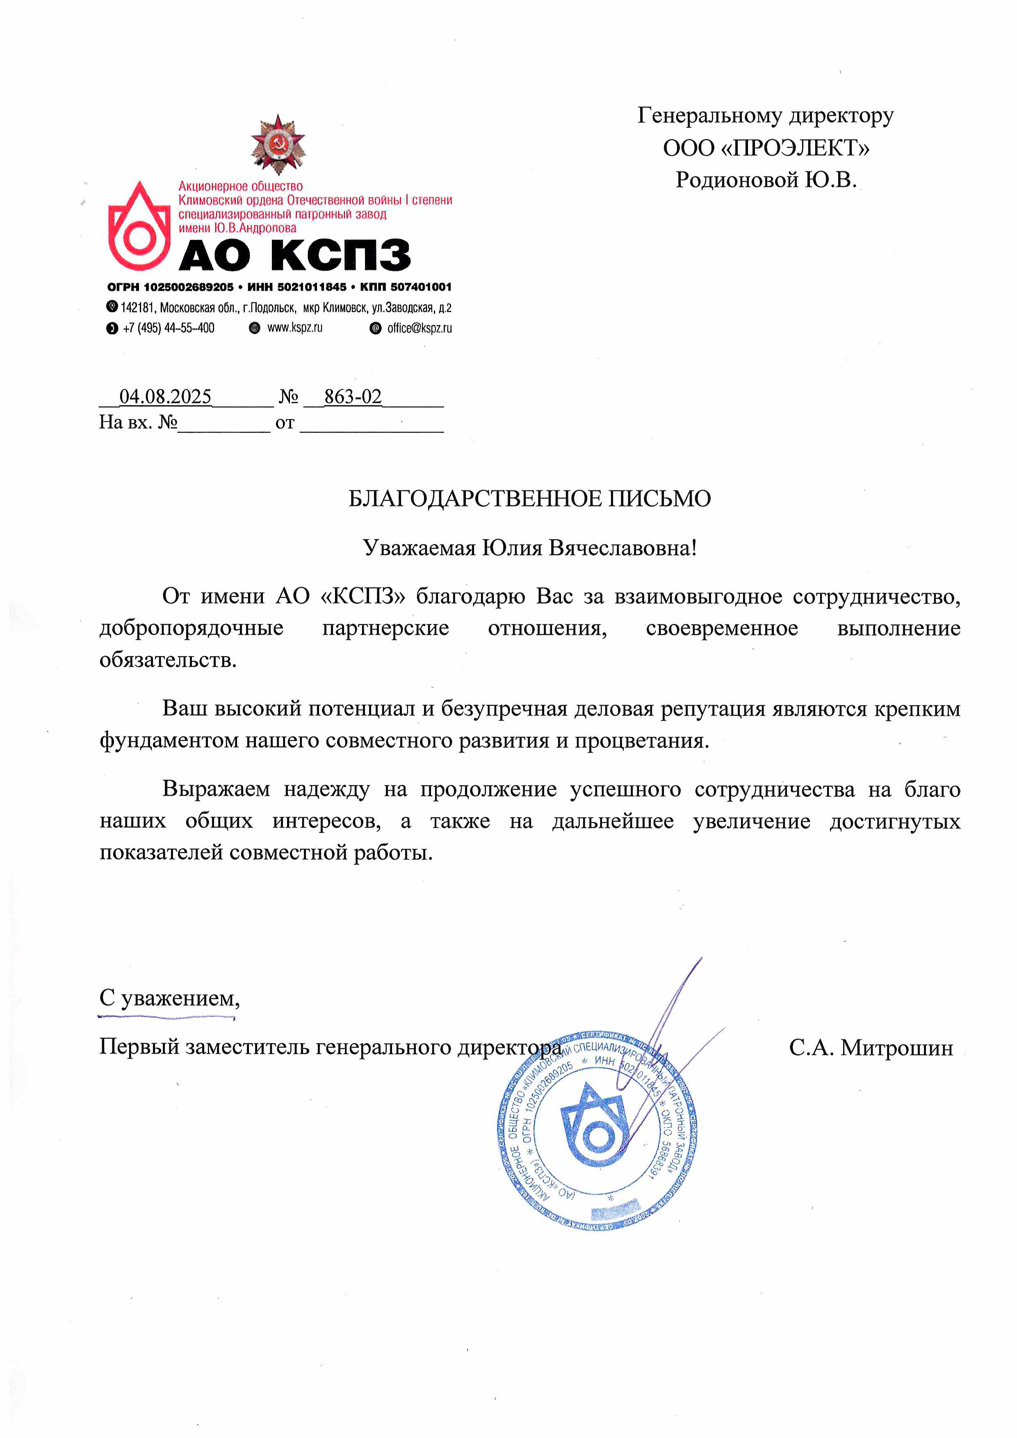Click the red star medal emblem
(278, 144)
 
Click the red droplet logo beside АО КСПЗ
(139, 227)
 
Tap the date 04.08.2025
(165, 397)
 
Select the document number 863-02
(353, 397)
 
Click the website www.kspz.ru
(294, 328)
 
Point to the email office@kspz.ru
(419, 328)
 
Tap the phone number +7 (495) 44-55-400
(169, 328)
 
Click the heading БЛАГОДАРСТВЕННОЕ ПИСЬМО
(529, 499)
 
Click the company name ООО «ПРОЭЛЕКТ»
(766, 148)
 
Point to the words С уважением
(169, 998)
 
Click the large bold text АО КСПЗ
(294, 255)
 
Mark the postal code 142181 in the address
(137, 308)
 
